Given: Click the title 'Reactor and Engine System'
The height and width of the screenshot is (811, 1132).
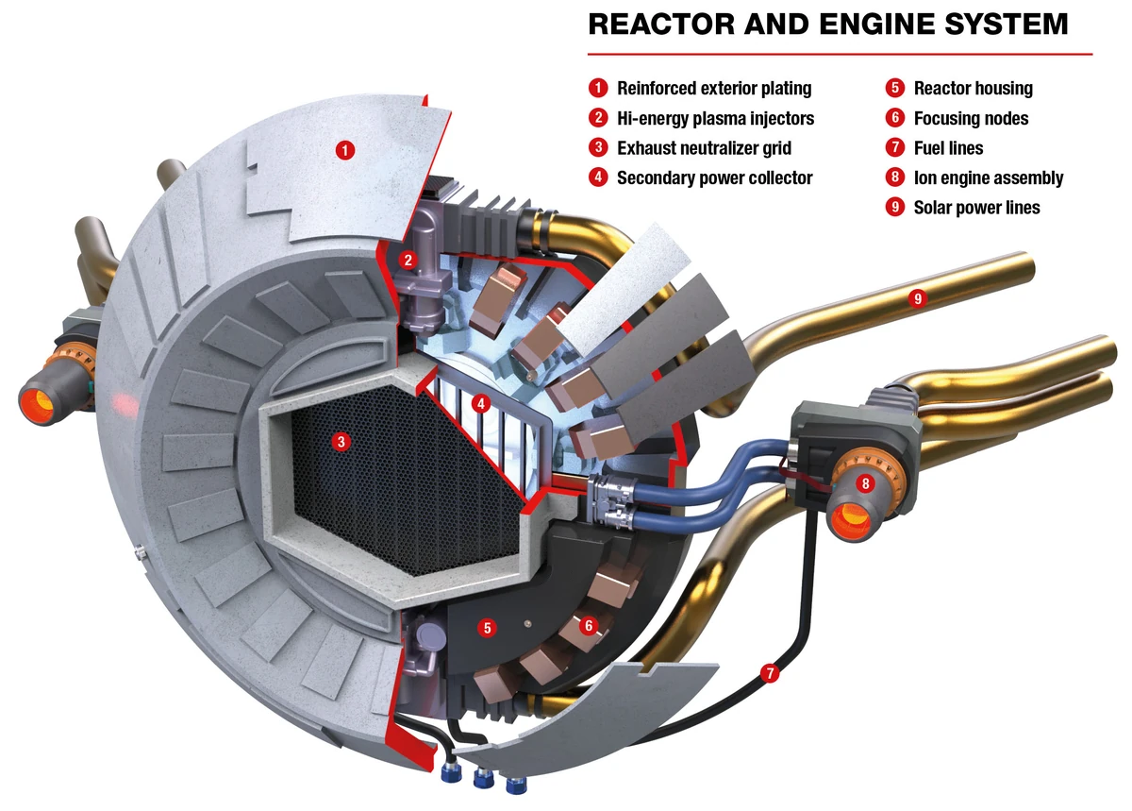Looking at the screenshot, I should (x=827, y=24).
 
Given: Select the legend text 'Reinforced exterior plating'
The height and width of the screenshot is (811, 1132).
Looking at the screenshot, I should (x=714, y=89).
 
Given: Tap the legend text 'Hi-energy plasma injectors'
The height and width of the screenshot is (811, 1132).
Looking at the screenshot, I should (x=715, y=119).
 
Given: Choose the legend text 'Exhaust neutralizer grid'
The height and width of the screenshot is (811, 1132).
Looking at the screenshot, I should (x=704, y=148).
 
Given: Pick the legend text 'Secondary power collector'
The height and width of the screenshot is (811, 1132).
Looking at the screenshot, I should (x=714, y=177).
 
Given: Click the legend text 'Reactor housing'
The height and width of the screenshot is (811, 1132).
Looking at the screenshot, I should (x=973, y=89).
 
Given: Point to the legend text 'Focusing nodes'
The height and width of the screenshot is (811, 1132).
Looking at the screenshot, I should (x=971, y=119).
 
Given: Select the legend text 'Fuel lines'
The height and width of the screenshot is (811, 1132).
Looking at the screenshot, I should (x=948, y=148).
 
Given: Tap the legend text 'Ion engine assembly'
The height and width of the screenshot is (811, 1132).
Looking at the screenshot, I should (x=988, y=177).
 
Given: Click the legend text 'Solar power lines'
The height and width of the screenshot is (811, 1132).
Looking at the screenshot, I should (x=976, y=208).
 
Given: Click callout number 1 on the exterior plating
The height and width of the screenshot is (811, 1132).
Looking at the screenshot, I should (x=346, y=149).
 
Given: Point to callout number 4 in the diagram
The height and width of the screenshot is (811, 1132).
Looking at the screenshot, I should (x=481, y=405).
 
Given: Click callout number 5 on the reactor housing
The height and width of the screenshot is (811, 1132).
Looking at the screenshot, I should (x=487, y=627).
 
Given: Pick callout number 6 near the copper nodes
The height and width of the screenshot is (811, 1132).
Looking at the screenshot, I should (x=590, y=625).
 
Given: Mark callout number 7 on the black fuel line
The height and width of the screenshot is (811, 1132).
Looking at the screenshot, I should (x=771, y=674).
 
